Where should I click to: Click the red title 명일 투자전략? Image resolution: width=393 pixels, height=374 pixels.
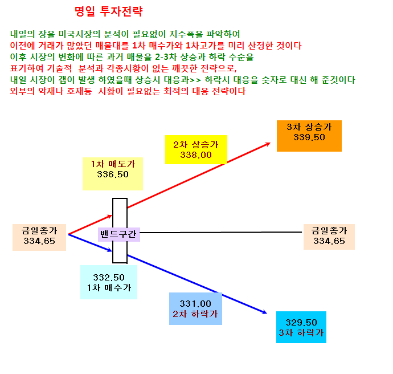pyautogui.click(x=109, y=11)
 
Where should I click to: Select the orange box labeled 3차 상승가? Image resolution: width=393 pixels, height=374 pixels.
pyautogui.click(x=309, y=136)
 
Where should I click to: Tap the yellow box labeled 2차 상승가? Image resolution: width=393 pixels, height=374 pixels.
pyautogui.click(x=196, y=149)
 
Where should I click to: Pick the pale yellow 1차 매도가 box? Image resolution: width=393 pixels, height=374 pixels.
pyautogui.click(x=113, y=174)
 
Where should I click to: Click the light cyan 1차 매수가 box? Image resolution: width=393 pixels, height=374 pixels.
pyautogui.click(x=109, y=282)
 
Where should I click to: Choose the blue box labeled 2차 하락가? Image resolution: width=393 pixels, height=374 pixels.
pyautogui.click(x=195, y=308)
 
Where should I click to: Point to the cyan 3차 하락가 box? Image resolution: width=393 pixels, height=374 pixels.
pyautogui.click(x=301, y=327)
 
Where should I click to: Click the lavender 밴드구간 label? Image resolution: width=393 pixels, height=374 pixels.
pyautogui.click(x=119, y=234)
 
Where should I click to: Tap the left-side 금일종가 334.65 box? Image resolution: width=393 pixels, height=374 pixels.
pyautogui.click(x=39, y=237)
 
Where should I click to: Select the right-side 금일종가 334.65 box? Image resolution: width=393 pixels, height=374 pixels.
pyautogui.click(x=329, y=237)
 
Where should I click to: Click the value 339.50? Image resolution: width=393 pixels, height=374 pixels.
pyautogui.click(x=309, y=137)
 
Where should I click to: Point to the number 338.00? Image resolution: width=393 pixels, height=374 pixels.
pyautogui.click(x=196, y=155)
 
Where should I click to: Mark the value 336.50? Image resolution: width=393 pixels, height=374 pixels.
pyautogui.click(x=113, y=174)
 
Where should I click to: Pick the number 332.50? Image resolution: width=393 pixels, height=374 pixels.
pyautogui.click(x=109, y=278)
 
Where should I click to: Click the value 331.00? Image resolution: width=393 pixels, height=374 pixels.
pyautogui.click(x=195, y=304)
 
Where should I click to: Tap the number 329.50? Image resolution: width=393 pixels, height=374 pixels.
pyautogui.click(x=301, y=322)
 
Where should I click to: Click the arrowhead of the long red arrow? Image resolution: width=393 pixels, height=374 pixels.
pyautogui.click(x=268, y=144)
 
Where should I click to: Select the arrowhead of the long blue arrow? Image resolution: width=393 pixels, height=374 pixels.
pyautogui.click(x=264, y=312)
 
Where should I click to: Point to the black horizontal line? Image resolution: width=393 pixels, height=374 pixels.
pyautogui.click(x=221, y=233)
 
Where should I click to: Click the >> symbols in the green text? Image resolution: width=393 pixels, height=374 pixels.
pyautogui.click(x=195, y=80)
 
